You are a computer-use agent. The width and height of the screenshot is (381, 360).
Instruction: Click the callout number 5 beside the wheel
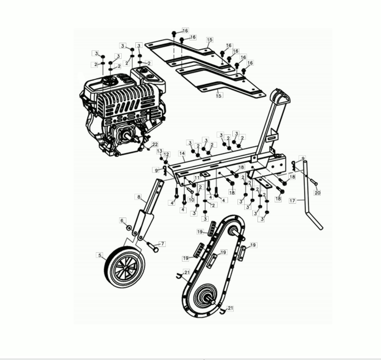tap(100, 255)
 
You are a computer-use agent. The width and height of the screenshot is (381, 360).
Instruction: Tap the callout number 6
tap(122, 220)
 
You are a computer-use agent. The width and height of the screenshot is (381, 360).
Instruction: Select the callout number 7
tap(162, 244)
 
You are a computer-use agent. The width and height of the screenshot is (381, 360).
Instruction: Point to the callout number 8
tap(139, 197)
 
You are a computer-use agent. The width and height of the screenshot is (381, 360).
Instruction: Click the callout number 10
tap(191, 199)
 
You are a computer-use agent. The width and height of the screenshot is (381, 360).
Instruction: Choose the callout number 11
tap(197, 178)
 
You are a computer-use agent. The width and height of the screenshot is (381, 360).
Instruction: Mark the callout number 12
tap(166, 154)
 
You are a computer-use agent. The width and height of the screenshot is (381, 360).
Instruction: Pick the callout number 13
tap(160, 151)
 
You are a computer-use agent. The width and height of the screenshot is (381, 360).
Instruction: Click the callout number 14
tap(182, 153)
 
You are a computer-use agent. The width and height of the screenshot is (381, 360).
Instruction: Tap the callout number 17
tap(293, 200)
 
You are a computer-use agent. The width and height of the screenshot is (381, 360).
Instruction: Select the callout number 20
tap(317, 193)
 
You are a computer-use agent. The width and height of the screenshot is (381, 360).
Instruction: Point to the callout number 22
tap(155, 144)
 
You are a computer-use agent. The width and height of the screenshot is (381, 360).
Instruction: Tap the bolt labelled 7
tap(152, 247)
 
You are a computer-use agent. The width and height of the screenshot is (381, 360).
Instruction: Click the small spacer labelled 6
tap(129, 228)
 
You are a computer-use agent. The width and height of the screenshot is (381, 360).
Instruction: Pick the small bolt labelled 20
tap(313, 182)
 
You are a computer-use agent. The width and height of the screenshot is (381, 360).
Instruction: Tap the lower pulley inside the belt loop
tap(206, 294)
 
